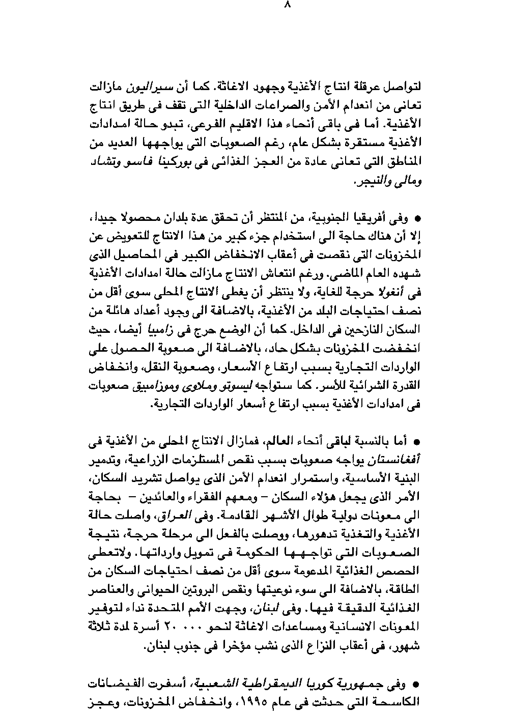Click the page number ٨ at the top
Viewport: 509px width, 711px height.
pyautogui.click(x=287, y=6)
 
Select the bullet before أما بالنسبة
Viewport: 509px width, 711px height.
pyautogui.click(x=417, y=442)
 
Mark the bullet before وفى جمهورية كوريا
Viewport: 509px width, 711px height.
pyautogui.click(x=417, y=684)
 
